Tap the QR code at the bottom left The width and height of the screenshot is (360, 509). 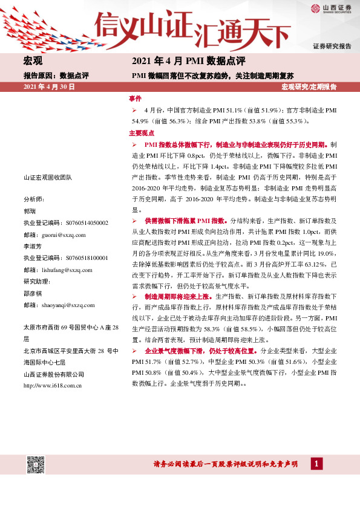[35, 465]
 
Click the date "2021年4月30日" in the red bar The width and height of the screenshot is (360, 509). [49, 87]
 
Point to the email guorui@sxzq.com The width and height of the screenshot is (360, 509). [63, 235]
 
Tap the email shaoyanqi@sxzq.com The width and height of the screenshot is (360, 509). [67, 305]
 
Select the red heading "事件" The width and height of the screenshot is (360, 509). [135, 98]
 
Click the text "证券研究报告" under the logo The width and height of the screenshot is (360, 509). [332, 47]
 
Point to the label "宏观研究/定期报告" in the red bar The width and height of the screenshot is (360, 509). [309, 87]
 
